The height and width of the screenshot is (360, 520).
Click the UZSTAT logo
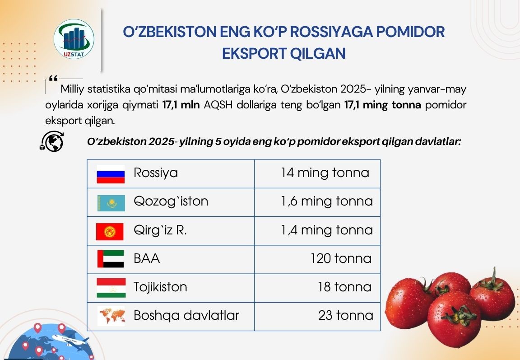(74, 39)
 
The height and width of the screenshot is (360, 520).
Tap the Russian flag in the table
(111, 174)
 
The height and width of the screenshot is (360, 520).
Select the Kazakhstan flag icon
(111, 203)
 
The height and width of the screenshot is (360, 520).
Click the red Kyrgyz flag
(110, 231)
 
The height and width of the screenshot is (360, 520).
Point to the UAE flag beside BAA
(111, 259)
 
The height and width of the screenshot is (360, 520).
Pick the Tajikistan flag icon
(111, 288)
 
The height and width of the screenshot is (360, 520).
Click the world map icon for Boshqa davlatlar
(111, 316)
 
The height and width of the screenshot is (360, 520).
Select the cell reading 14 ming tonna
(325, 173)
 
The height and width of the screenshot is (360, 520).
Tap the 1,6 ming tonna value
(327, 201)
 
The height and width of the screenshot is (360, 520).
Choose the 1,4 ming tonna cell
(327, 229)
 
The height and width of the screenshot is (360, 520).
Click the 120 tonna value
(341, 258)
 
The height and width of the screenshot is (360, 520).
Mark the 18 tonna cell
(344, 287)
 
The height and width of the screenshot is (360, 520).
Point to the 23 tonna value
(346, 315)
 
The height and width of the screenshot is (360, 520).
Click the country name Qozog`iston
(171, 201)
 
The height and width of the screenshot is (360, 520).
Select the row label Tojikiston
(160, 287)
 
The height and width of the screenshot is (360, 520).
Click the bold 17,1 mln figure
(181, 105)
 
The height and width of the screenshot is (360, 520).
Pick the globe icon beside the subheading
(52, 142)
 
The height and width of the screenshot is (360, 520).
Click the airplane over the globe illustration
(70, 341)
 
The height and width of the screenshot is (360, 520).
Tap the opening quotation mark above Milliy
(53, 78)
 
